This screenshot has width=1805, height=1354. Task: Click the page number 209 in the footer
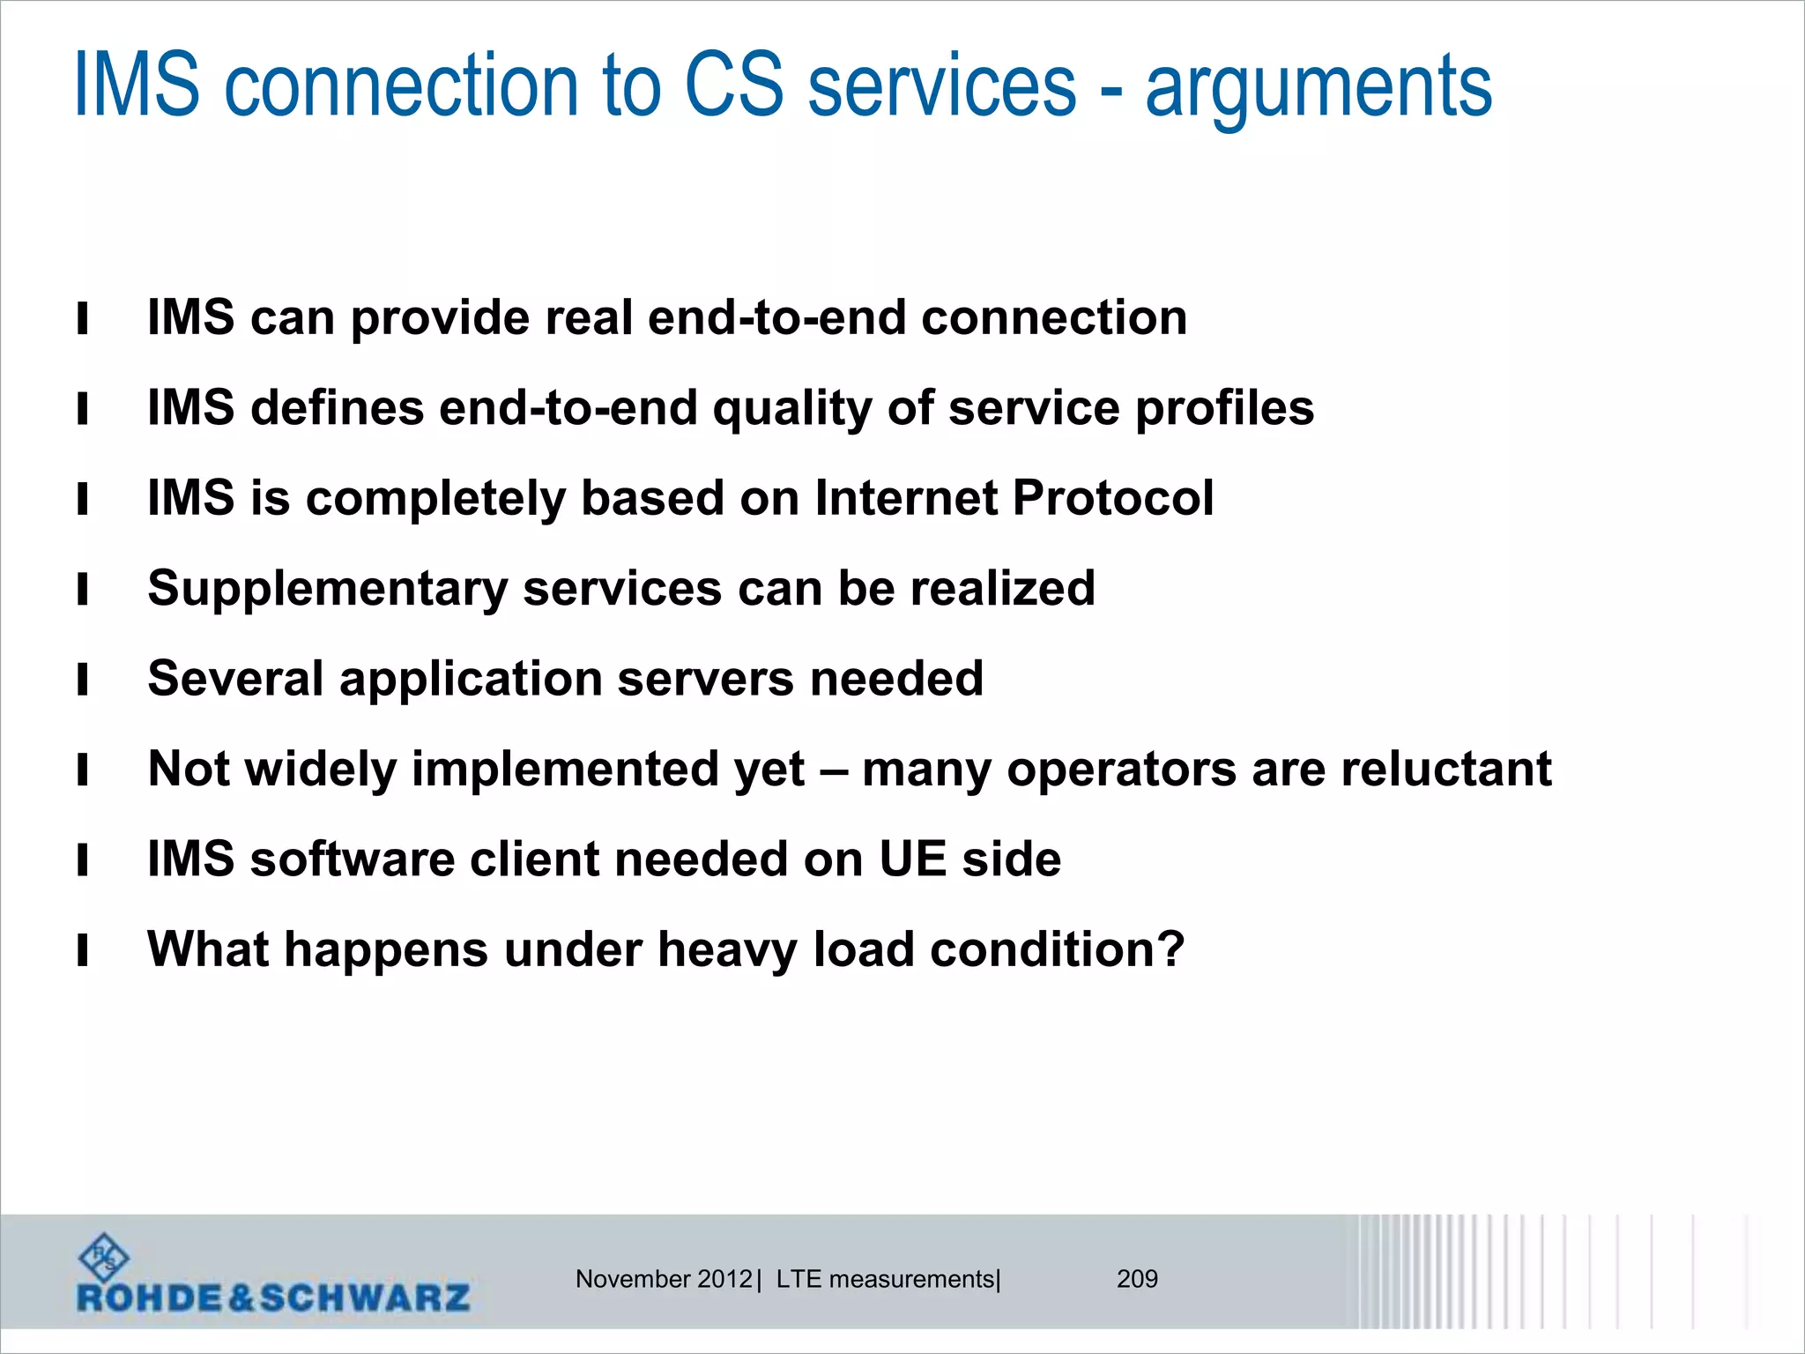[1137, 1279]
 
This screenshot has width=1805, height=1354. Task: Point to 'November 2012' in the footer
[664, 1279]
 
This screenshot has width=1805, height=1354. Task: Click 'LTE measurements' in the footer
[885, 1279]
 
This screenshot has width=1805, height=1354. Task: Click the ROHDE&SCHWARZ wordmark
[273, 1298]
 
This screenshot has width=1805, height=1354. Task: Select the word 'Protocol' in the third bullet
[1113, 498]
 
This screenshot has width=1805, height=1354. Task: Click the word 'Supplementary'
[327, 589]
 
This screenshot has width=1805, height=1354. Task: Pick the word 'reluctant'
[1446, 769]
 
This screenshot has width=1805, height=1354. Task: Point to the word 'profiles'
[1224, 408]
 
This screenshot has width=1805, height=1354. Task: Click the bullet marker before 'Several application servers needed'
[83, 680]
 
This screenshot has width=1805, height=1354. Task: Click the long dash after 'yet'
[833, 770]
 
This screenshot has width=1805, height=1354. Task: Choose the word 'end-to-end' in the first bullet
[776, 317]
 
